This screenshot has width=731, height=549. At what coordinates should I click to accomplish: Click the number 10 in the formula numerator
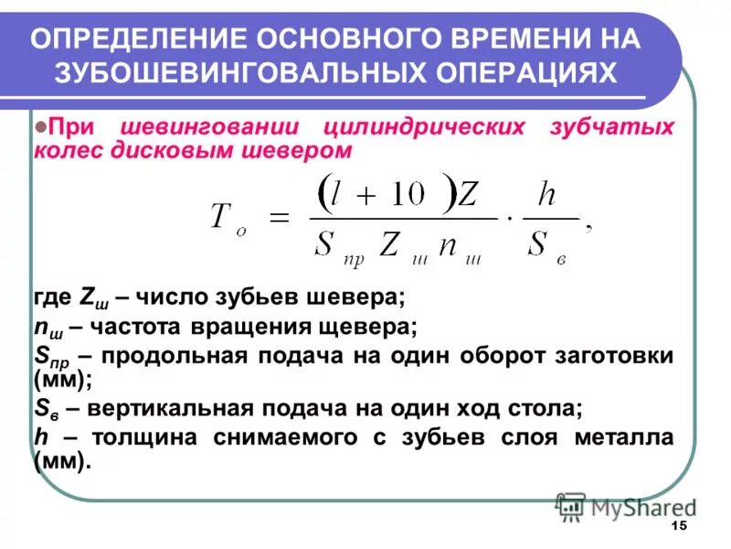pyautogui.click(x=408, y=195)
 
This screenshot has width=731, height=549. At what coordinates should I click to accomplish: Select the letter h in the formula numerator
pyautogui.click(x=546, y=194)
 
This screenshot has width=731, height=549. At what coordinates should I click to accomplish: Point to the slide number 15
pyautogui.click(x=677, y=525)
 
